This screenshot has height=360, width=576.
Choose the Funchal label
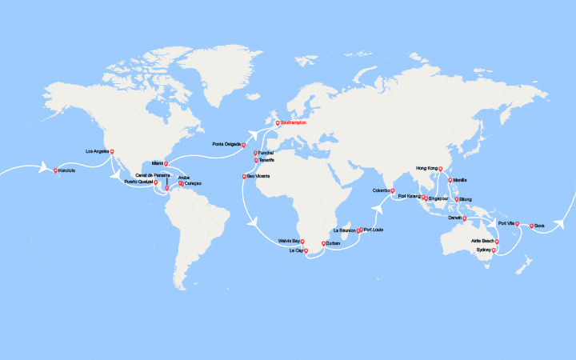click(267, 152)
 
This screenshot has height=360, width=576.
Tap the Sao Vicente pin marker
click(244, 175)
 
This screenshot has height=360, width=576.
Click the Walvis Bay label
click(290, 240)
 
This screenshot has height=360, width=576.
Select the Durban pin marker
click(323, 242)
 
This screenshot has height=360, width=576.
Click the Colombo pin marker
click(392, 190)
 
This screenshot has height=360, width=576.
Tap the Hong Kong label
click(427, 168)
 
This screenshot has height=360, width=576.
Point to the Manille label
click(459, 180)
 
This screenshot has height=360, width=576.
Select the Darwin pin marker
click(465, 217)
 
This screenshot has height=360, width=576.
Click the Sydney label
click(483, 250)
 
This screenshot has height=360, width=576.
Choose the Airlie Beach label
click(482, 240)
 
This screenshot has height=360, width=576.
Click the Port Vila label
click(506, 223)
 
